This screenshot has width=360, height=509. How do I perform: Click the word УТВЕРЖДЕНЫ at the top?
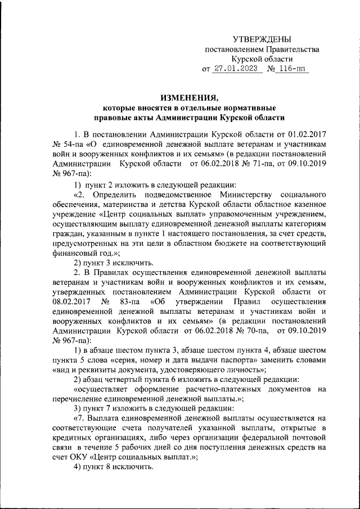pyautogui.click(x=262, y=39)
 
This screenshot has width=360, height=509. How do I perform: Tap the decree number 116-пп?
pyautogui.click(x=291, y=70)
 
